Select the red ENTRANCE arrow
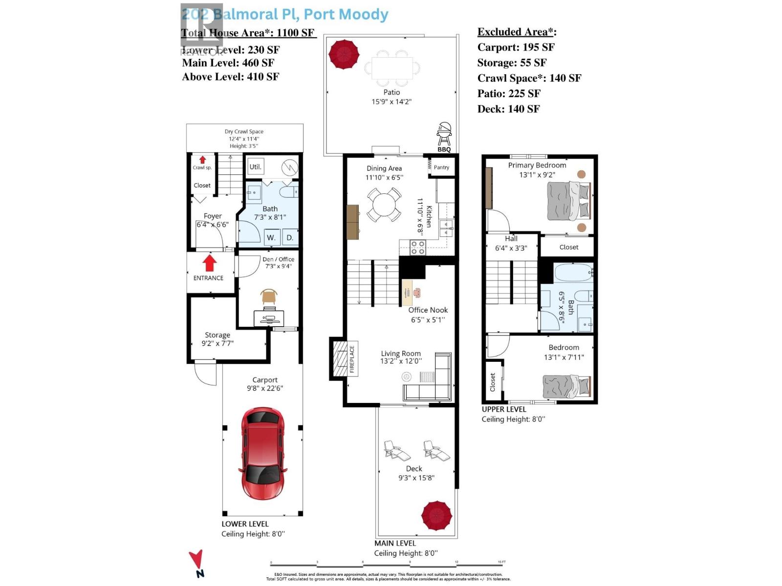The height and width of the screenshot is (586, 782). point(209,263)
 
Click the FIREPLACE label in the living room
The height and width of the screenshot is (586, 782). point(352,359)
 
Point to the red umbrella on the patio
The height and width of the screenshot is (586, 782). point(344,54)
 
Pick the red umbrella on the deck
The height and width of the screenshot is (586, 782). point(436,515)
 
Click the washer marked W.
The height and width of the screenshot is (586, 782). point(271,238)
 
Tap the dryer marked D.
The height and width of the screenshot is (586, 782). point(290,238)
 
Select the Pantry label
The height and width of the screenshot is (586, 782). point(441,167)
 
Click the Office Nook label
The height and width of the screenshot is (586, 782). point(428,310)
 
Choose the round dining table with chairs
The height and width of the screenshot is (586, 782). point(384,205)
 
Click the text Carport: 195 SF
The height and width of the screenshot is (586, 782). point(516,47)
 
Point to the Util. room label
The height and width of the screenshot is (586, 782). point(255,167)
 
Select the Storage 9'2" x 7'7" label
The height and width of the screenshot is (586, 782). point(217,339)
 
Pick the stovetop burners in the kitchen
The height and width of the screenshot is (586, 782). point(417,247)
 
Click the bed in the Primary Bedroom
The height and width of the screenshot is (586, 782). point(568,201)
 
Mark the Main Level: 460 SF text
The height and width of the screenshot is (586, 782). point(228,63)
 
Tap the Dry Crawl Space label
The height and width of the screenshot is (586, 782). point(244,131)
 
